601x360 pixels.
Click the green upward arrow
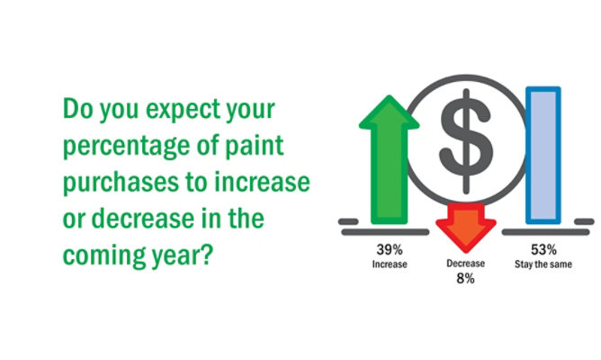click(389, 159)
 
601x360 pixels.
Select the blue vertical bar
click(543, 156)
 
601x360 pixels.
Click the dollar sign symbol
click(466, 141)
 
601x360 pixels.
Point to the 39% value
click(390, 250)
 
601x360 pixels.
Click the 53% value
click(543, 250)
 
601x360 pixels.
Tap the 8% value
click(466, 278)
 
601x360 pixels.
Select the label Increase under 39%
click(390, 265)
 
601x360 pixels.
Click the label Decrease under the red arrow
click(466, 264)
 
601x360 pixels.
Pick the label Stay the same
click(543, 265)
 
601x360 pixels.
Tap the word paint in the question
click(254, 146)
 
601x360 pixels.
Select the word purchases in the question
click(121, 184)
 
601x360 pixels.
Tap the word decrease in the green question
click(142, 219)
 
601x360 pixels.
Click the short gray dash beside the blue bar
click(584, 221)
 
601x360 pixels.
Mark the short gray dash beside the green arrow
click(348, 221)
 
